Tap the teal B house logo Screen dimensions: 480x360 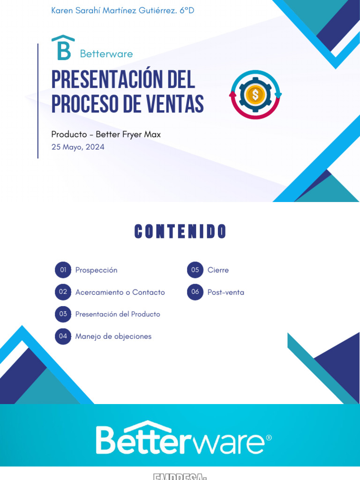click(x=63, y=48)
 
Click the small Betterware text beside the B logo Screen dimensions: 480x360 click(x=106, y=54)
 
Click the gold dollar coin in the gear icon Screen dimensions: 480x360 click(x=255, y=95)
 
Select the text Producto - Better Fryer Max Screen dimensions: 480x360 click(x=106, y=135)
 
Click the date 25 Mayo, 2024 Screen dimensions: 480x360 click(x=78, y=147)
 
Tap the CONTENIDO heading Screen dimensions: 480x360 click(x=180, y=232)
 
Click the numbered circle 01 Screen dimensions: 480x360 click(x=63, y=270)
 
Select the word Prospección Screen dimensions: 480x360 click(x=97, y=270)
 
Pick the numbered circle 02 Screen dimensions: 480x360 click(x=63, y=292)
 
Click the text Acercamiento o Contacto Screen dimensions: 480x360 click(x=120, y=292)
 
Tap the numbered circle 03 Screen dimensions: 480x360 click(x=63, y=314)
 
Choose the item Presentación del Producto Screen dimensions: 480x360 click(x=118, y=314)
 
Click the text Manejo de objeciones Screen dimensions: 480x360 click(x=113, y=336)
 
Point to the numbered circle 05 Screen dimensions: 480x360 click(x=195, y=270)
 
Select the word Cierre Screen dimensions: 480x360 click(x=218, y=270)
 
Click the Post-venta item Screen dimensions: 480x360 click(x=225, y=292)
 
